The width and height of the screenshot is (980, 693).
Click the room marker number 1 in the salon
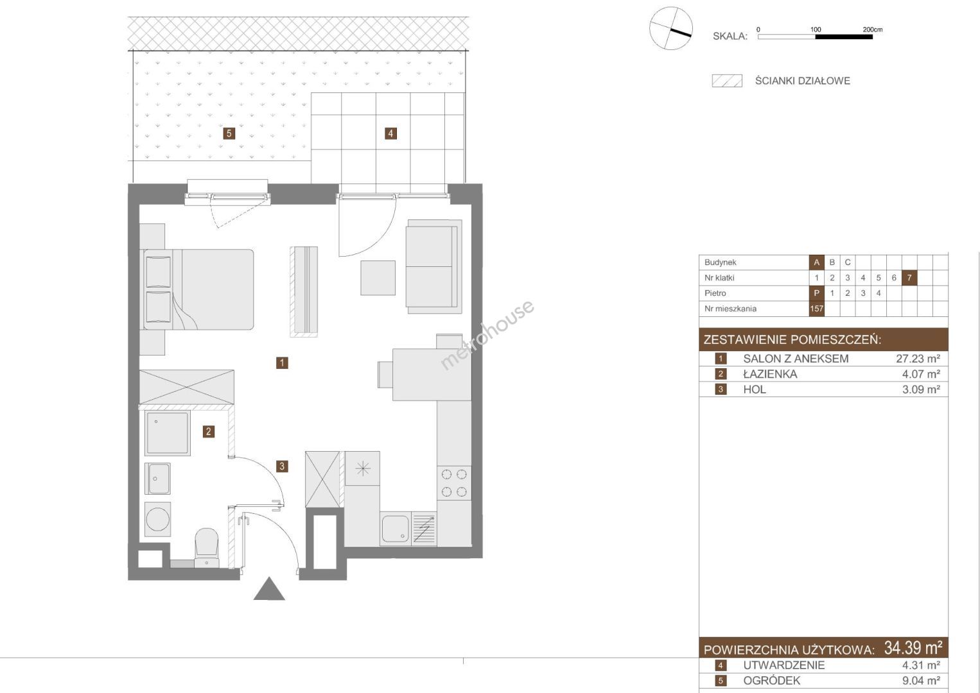click(282, 363)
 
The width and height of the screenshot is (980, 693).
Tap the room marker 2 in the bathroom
click(208, 432)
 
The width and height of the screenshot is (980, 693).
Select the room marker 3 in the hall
click(282, 466)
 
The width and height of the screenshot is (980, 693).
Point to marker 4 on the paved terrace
click(390, 133)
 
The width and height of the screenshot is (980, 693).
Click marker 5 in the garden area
click(229, 133)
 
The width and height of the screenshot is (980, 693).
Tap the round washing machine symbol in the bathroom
click(157, 519)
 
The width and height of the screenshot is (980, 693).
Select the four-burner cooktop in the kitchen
click(454, 483)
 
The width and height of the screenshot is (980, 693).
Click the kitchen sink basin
click(396, 529)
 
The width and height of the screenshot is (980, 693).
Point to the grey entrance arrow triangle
click(269, 590)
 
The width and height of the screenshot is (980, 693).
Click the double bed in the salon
click(197, 289)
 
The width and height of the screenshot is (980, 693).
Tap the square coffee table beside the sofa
click(378, 278)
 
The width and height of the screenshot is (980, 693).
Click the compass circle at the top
click(670, 28)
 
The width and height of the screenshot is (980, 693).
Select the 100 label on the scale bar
click(816, 30)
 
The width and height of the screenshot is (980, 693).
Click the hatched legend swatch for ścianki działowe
click(727, 81)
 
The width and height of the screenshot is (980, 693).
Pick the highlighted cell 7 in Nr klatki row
click(909, 278)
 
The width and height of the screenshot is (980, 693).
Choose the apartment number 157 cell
click(816, 309)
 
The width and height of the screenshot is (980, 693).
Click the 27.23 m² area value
click(918, 359)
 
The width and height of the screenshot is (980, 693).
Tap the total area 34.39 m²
click(913, 647)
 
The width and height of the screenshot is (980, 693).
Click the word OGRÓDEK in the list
click(772, 681)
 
